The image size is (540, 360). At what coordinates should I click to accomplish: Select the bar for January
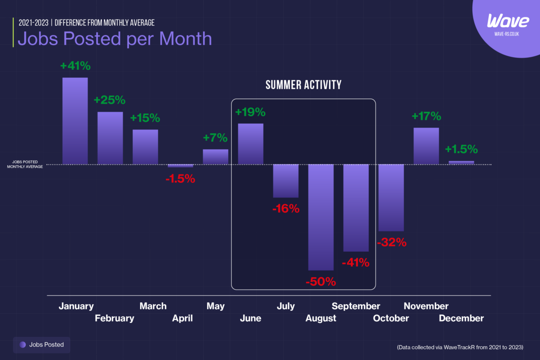point(75,121)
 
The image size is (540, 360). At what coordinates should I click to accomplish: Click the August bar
point(321,217)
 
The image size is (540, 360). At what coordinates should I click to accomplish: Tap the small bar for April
point(180,166)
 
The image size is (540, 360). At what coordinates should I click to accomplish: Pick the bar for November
point(426,146)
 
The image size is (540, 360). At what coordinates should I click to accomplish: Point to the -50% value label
point(321,282)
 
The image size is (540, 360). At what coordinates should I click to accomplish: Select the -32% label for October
point(391,242)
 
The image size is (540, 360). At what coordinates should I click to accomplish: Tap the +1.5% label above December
point(461,149)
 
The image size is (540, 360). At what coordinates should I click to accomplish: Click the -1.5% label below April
point(180,179)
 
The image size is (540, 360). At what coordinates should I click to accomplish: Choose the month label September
point(356,306)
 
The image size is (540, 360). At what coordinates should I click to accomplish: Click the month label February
point(114,318)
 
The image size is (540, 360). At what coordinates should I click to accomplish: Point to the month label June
point(251,318)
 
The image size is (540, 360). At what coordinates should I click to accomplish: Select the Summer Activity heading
point(303,85)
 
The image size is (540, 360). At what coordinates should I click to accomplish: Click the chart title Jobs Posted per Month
point(115,38)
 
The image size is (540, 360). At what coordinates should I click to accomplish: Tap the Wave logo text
point(508,21)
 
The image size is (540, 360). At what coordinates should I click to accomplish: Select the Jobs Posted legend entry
point(42,345)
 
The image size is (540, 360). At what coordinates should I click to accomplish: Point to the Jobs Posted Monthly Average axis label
point(25,164)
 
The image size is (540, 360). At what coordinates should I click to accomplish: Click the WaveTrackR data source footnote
point(460,347)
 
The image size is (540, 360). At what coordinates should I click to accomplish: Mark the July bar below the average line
point(286,180)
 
